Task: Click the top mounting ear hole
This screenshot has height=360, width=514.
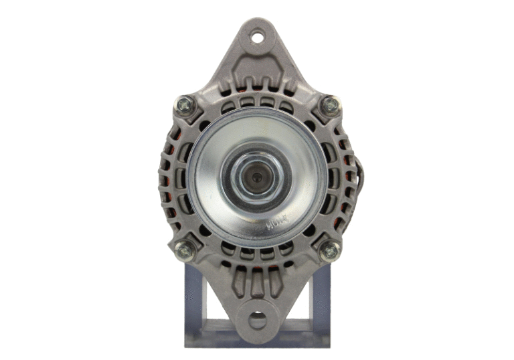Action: [257, 37]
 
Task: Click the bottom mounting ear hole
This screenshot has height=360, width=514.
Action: [257, 320]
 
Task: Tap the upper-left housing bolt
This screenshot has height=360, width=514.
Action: [185, 105]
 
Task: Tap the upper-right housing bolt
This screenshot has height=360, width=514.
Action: [329, 106]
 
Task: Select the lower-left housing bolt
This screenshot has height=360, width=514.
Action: [185, 251]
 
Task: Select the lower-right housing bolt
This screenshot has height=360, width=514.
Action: [329, 251]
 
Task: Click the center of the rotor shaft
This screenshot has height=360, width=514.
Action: [257, 177]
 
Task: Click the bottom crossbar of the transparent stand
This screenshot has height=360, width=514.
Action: [257, 342]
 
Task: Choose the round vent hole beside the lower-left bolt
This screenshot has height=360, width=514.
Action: [204, 231]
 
